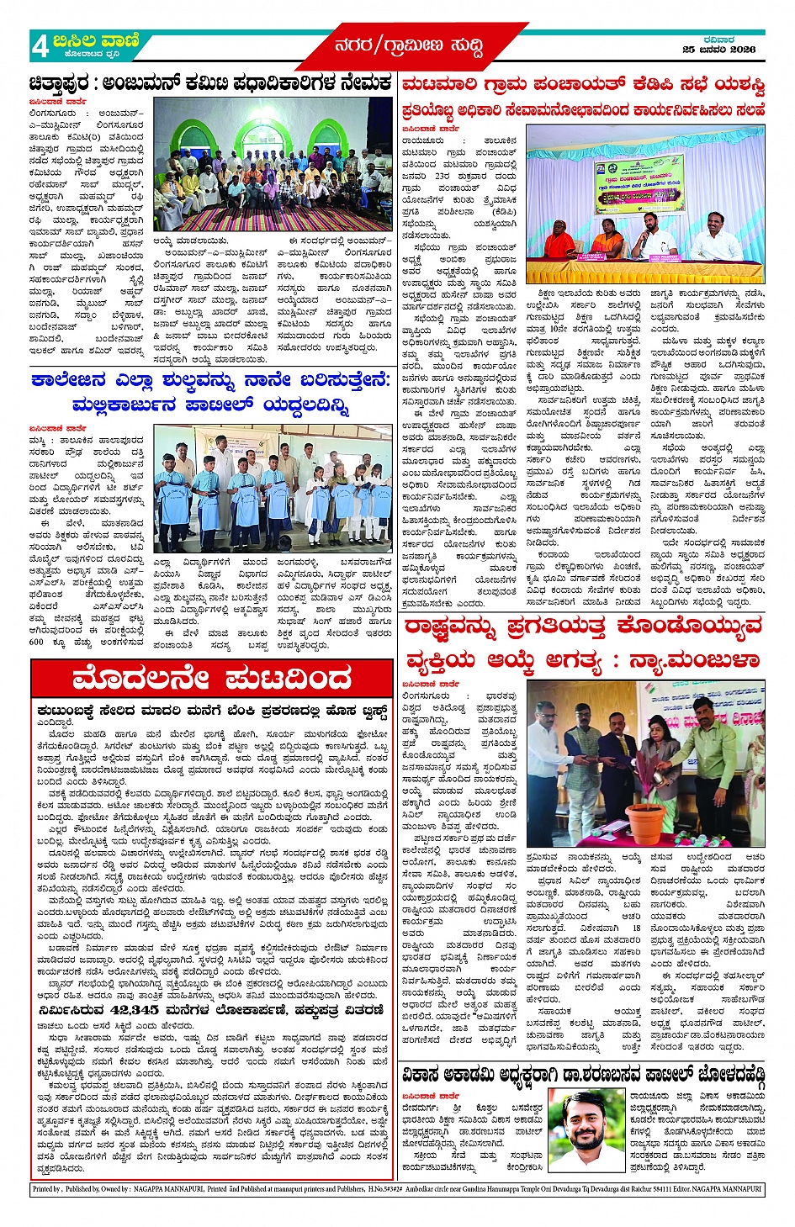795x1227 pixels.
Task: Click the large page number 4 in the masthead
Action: pos(40,47)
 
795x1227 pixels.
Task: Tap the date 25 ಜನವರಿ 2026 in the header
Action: pos(718,50)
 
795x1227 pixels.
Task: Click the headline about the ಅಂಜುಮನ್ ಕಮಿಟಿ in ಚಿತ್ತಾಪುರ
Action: pos(209,84)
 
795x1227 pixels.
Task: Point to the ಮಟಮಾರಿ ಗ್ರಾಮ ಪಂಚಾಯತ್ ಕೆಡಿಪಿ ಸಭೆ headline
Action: pos(583,85)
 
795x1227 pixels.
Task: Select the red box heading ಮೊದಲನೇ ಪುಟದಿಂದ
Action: pos(212,678)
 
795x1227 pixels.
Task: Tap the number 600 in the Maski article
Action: pos(36,641)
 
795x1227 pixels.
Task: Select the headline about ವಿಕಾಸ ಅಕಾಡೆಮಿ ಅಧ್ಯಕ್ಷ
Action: pos(582,1075)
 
